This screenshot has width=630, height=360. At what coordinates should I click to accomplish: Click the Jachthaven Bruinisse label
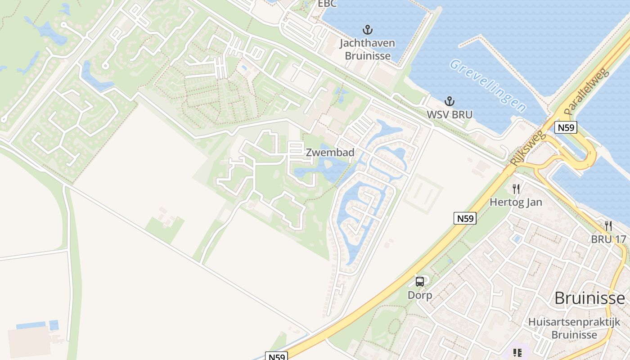[367, 49]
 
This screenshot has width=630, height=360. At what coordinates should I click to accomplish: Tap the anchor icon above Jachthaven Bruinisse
[368, 31]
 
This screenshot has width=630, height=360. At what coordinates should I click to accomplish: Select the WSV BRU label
[450, 115]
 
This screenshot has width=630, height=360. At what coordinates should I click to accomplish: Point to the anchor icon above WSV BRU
[449, 101]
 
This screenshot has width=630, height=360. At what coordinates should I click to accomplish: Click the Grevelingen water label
[488, 85]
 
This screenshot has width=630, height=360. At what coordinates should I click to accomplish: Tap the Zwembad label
[330, 153]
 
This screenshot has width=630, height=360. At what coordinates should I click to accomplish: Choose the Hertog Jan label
[516, 202]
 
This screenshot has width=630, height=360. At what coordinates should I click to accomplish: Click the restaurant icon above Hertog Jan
[516, 189]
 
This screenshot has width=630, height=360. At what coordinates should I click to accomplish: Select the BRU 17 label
[608, 239]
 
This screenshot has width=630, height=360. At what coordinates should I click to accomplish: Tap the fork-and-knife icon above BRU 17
[608, 225]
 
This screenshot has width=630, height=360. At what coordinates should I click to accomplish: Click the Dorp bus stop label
[419, 295]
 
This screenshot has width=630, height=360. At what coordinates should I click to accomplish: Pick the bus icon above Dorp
[420, 282]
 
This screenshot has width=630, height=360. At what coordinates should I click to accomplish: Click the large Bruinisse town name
[589, 298]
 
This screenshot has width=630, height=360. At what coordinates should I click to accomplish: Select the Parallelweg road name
[586, 91]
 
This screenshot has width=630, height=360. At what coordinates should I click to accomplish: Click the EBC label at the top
[327, 4]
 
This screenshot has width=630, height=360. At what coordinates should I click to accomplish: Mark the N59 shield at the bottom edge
[276, 356]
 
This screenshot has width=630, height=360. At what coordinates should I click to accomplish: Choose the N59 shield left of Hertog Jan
[465, 218]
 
